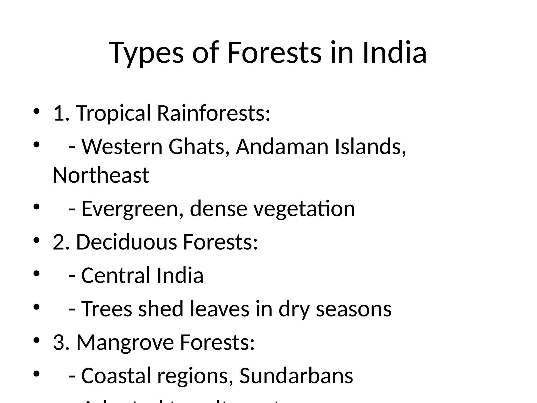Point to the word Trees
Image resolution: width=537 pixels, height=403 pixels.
(107, 309)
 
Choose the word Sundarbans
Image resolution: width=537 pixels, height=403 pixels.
(296, 376)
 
